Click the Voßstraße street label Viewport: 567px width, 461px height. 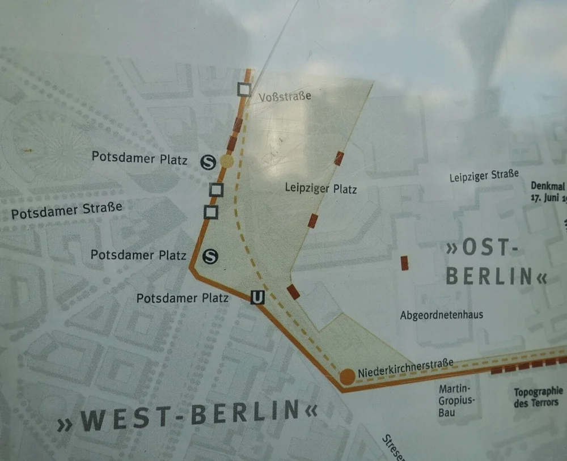pyautogui.click(x=285, y=96)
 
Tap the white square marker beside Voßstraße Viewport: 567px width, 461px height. pyautogui.click(x=244, y=89)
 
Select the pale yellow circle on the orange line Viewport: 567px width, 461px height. pyautogui.click(x=227, y=162)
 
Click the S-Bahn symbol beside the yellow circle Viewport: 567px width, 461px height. pyautogui.click(x=209, y=162)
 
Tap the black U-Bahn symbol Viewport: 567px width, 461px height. pyautogui.click(x=258, y=297)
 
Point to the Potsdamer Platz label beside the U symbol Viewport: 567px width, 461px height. pyautogui.click(x=182, y=298)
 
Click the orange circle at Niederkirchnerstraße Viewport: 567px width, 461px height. pyautogui.click(x=347, y=376)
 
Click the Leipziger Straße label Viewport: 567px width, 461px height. pyautogui.click(x=484, y=177)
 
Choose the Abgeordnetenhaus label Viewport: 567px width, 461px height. pyautogui.click(x=441, y=314)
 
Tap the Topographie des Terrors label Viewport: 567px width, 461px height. pyautogui.click(x=538, y=397)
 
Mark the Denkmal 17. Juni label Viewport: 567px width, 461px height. pyautogui.click(x=549, y=192)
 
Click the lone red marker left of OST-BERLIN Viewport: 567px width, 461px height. pyautogui.click(x=404, y=263)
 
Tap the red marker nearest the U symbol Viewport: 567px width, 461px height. pyautogui.click(x=293, y=291)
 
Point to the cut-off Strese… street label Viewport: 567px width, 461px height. pyautogui.click(x=393, y=447)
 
